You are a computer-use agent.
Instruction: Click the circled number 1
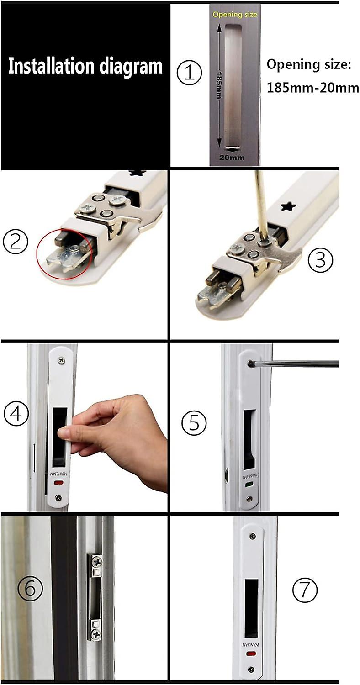[189, 74]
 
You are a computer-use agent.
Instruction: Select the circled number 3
[320, 259]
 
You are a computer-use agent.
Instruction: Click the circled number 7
[304, 591]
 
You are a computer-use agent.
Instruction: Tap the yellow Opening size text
[235, 15]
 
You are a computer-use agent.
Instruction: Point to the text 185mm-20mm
[312, 88]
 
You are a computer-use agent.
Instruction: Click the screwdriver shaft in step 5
[297, 364]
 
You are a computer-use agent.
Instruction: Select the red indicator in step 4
[58, 483]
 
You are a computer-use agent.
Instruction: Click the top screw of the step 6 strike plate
[97, 560]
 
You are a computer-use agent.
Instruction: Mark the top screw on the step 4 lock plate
[60, 360]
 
